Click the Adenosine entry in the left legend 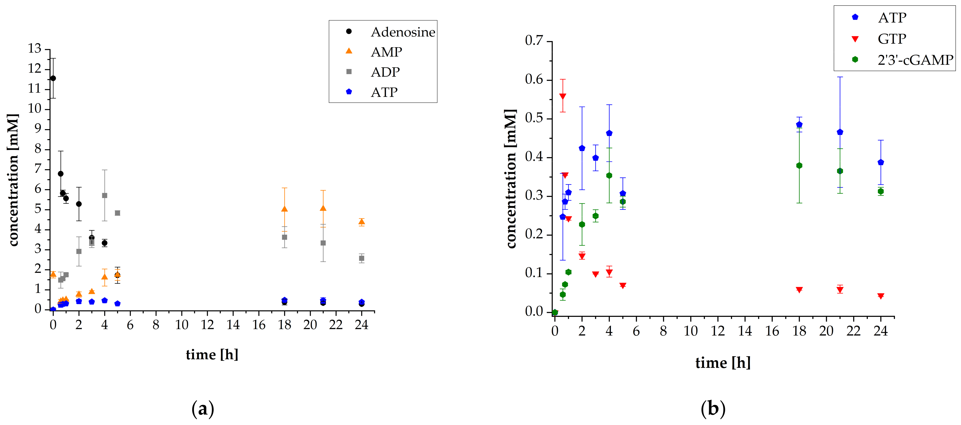click(x=402, y=32)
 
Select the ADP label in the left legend click(x=385, y=72)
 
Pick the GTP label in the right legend click(x=892, y=39)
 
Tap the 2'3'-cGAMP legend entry click(x=915, y=60)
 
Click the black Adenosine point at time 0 click(x=53, y=78)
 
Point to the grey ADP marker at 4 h click(x=104, y=195)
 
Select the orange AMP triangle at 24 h click(x=361, y=222)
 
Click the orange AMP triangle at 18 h click(x=284, y=209)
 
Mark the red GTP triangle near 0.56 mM click(x=562, y=96)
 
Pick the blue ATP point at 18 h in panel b click(x=799, y=125)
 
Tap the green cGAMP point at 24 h click(x=881, y=191)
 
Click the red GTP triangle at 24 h click(x=881, y=296)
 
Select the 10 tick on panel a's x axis click(x=182, y=325)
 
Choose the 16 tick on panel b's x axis click(x=772, y=331)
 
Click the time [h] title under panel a click(x=212, y=355)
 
